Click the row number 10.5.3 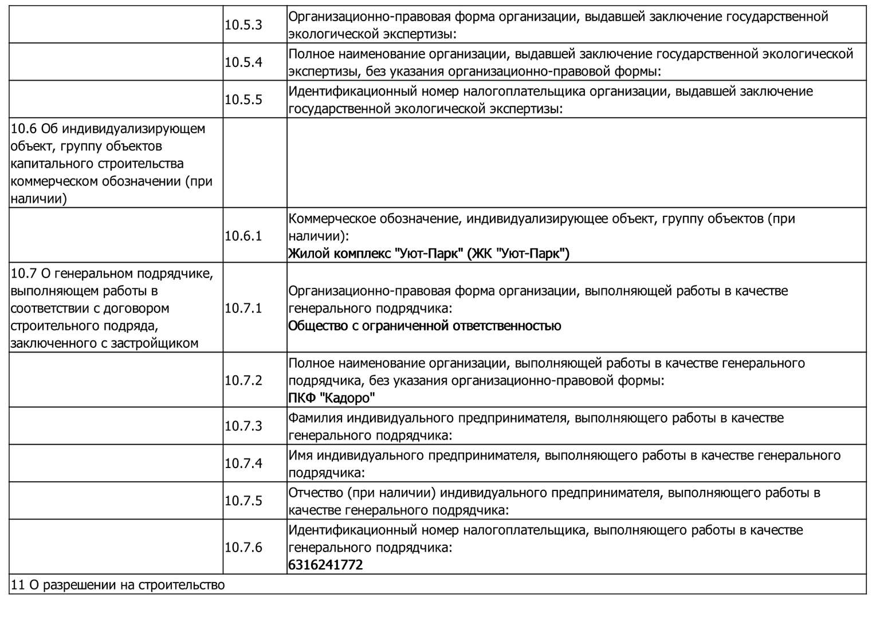243,25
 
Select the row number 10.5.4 243,62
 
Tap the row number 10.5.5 243,100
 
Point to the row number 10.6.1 243,236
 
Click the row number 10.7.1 243,308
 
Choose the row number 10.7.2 243,381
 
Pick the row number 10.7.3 243,426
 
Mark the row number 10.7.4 243,463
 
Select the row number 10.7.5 243,501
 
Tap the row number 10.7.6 243,548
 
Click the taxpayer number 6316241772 325,565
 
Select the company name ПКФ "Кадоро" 332,398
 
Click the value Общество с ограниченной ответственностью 425,326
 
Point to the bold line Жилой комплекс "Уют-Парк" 429,253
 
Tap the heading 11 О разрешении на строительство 118,585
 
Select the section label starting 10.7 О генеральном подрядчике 112,308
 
